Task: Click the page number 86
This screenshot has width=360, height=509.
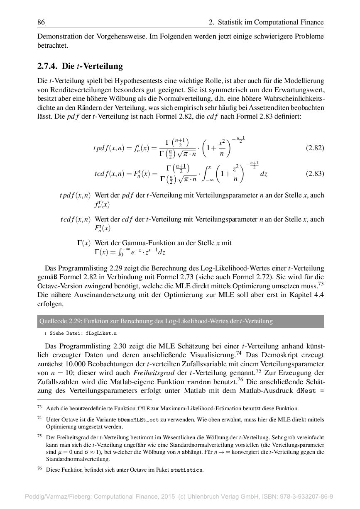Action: tap(41, 22)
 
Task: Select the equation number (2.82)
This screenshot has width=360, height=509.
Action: tap(315, 148)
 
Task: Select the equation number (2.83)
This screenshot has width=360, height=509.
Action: tap(315, 174)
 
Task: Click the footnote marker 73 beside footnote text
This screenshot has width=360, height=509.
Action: tap(40, 407)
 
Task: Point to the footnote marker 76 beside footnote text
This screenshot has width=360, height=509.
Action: tap(40, 469)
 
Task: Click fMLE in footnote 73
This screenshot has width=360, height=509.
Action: tap(142, 409)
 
